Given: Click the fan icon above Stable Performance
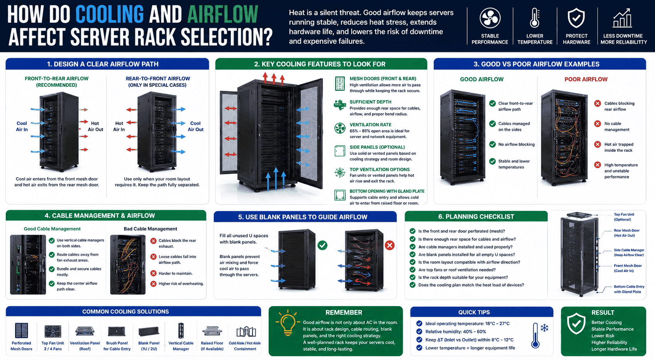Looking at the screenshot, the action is pos(490,19).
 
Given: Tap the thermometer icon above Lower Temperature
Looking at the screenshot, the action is pos(535,19).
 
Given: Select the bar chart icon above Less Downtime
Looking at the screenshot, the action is pos(622,18).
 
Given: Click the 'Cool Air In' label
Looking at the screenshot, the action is pos(22,126).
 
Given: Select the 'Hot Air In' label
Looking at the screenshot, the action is pos(119,126).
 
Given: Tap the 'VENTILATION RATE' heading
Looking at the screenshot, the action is pos(370,125).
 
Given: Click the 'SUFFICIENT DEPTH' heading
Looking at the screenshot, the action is pos(370,102).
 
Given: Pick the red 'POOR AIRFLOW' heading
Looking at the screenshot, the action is pos(586,79).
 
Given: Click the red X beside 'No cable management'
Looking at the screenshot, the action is pos(597,124).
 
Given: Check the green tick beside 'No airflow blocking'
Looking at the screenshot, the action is pos(492,144).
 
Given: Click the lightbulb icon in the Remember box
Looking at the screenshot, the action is pos(288,323).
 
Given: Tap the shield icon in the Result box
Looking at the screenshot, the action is pos(576,323).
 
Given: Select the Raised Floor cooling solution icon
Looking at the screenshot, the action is pos(212,331).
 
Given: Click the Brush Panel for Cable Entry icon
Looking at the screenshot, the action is pos(117,331).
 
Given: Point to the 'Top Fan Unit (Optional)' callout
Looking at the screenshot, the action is pos(624,217).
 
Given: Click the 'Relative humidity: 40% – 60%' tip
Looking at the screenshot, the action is pos(456,332).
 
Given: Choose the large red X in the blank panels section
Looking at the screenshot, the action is pos(389,245).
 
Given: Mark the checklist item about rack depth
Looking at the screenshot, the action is pos(463,277).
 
